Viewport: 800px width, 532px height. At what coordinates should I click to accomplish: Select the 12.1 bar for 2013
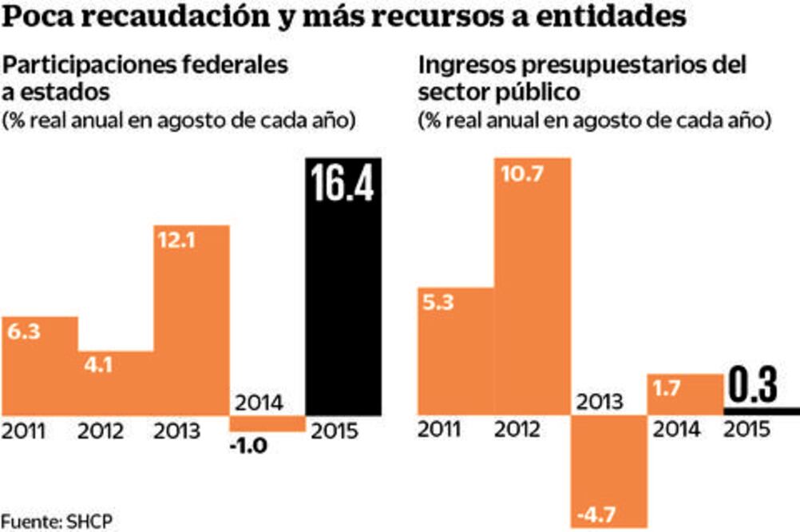[192, 320]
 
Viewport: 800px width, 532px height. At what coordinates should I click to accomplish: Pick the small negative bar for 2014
[268, 423]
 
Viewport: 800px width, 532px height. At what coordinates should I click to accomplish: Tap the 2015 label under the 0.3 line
[747, 429]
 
